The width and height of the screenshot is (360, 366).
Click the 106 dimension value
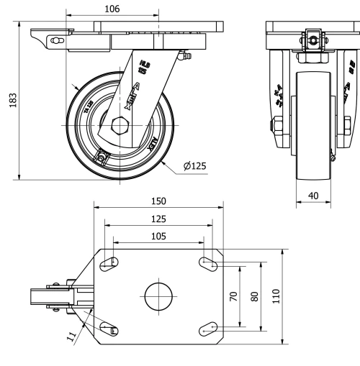click(x=111, y=9)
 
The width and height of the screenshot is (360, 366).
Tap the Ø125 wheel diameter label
click(x=194, y=166)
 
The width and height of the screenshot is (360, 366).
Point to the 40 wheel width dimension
click(x=312, y=196)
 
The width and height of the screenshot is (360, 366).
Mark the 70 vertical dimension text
click(x=234, y=296)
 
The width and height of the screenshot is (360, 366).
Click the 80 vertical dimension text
click(x=253, y=296)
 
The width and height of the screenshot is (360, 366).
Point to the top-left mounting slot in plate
click(x=109, y=263)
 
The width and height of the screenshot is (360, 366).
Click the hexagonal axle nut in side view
click(x=120, y=126)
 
